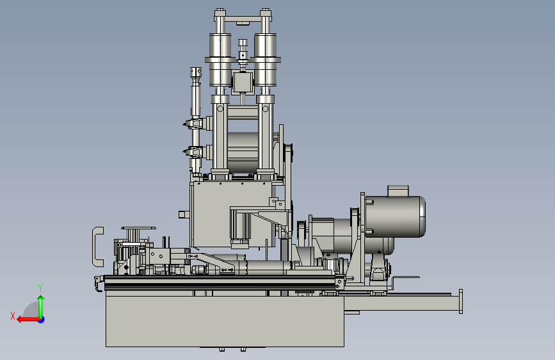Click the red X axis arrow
pyautogui.click(x=28, y=320)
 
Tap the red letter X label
pyautogui.click(x=13, y=316)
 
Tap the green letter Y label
pyautogui.click(x=40, y=288)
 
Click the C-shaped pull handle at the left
pyautogui.click(x=95, y=247)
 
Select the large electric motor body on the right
pyautogui.click(x=395, y=216)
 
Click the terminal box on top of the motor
pyautogui.click(x=398, y=191)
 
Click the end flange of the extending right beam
pyautogui.click(x=460, y=301)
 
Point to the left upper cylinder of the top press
pyautogui.click(x=220, y=60)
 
